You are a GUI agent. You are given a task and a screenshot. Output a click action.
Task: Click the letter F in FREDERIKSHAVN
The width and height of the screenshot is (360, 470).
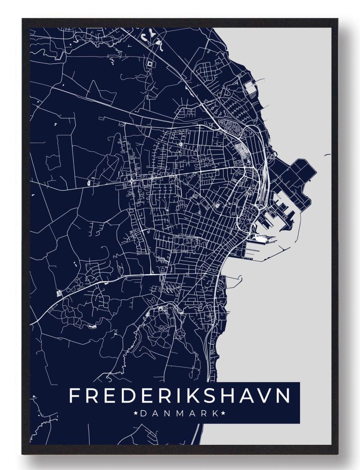click(x=75, y=396)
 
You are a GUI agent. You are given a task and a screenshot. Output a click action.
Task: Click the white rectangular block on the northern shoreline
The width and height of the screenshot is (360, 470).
click(x=250, y=88)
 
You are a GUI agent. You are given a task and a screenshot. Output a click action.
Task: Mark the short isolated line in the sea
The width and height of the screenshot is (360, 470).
click(x=327, y=156)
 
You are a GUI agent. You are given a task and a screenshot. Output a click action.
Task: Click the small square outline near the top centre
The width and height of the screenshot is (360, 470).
click(x=149, y=64)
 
